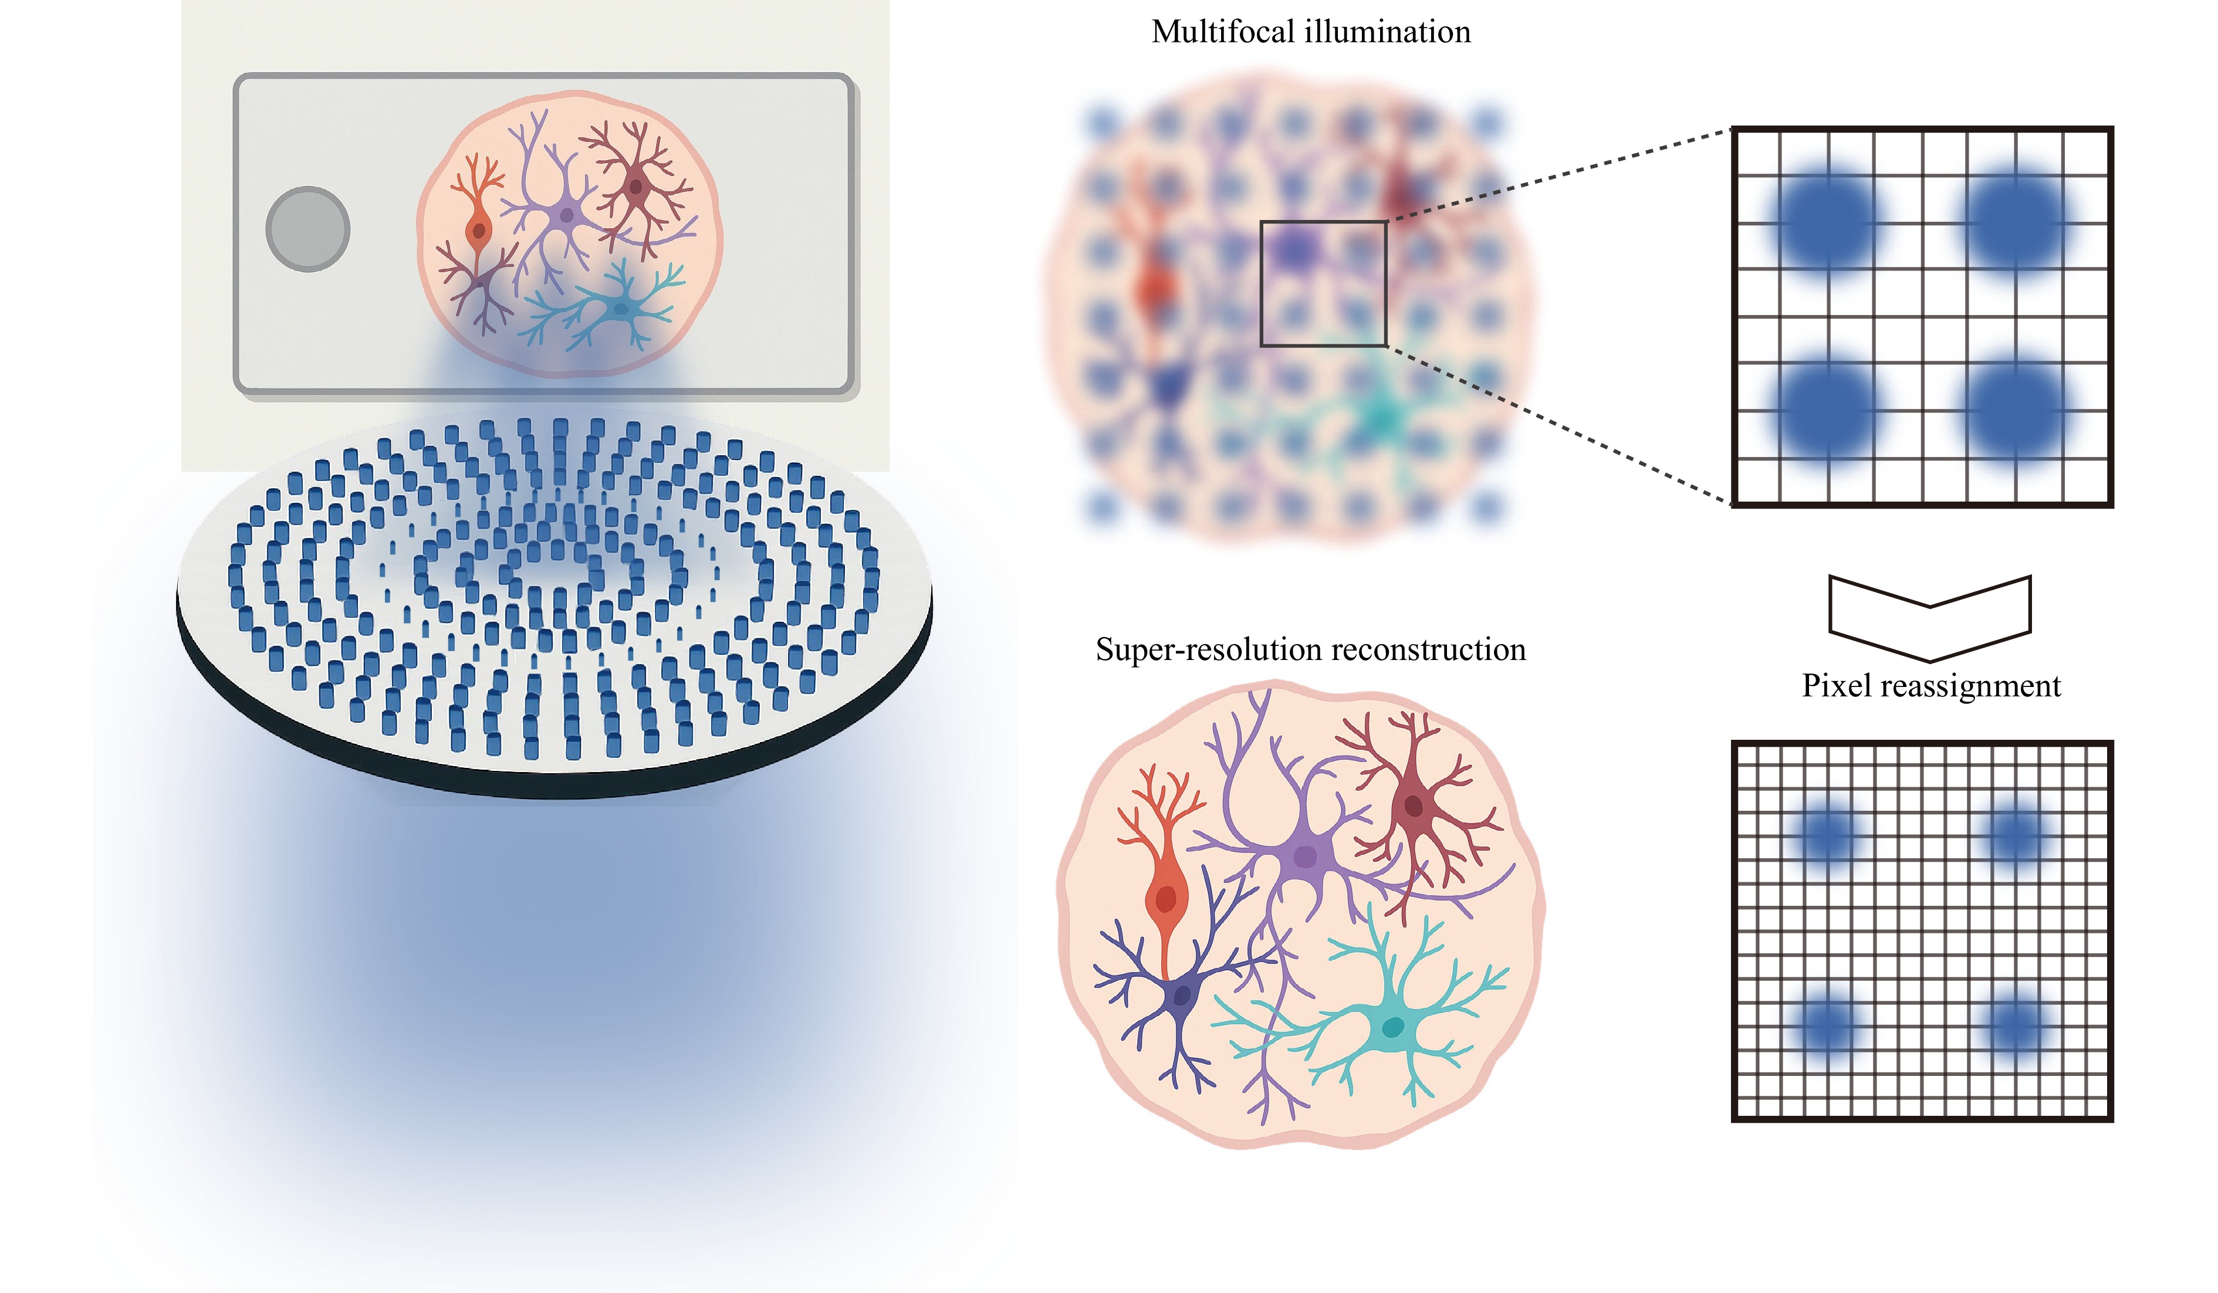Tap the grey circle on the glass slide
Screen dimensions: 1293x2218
click(x=308, y=229)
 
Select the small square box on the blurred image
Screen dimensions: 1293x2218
click(x=1323, y=283)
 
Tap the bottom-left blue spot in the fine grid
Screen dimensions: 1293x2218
click(x=1829, y=1024)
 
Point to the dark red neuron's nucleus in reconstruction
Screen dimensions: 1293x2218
click(x=1414, y=805)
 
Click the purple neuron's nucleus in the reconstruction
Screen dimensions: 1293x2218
click(x=1305, y=857)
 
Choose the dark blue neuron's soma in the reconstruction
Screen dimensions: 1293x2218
click(x=1181, y=996)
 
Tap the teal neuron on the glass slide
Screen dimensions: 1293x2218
click(x=621, y=308)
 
